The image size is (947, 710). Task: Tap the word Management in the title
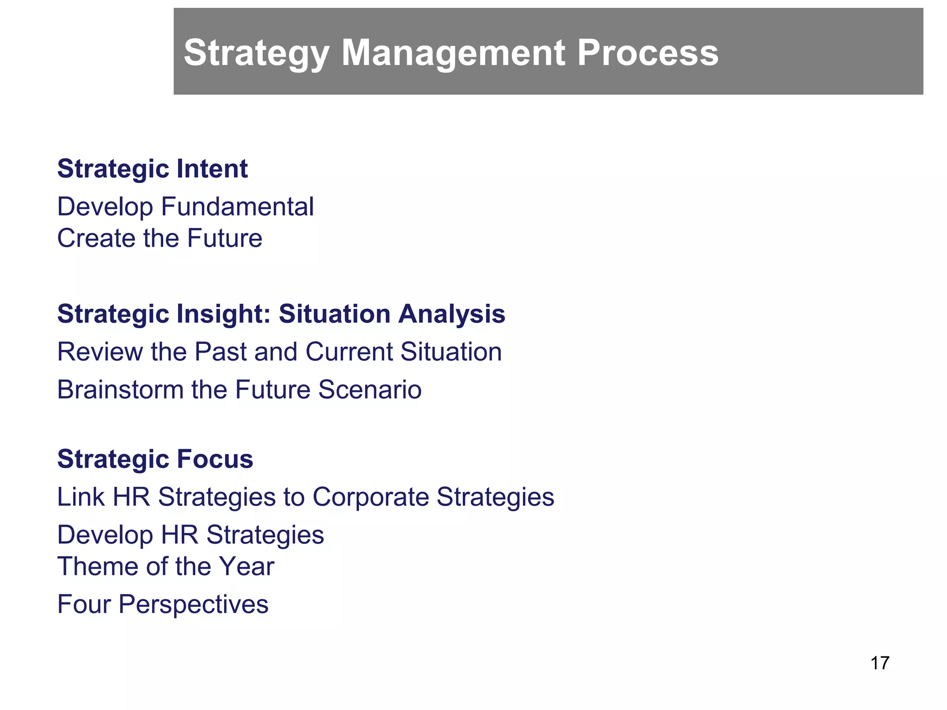[453, 53]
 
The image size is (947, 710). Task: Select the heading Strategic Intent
[153, 169]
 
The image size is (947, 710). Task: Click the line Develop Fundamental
[185, 207]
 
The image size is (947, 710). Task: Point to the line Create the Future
[160, 239]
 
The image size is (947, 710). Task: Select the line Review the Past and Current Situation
[279, 352]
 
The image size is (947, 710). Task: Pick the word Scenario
[369, 390]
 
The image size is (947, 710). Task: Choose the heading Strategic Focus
[155, 459]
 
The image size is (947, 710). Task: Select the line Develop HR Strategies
[191, 535]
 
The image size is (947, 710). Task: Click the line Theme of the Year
[166, 567]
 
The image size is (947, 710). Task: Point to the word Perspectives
[193, 604]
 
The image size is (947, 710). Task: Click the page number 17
[879, 663]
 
